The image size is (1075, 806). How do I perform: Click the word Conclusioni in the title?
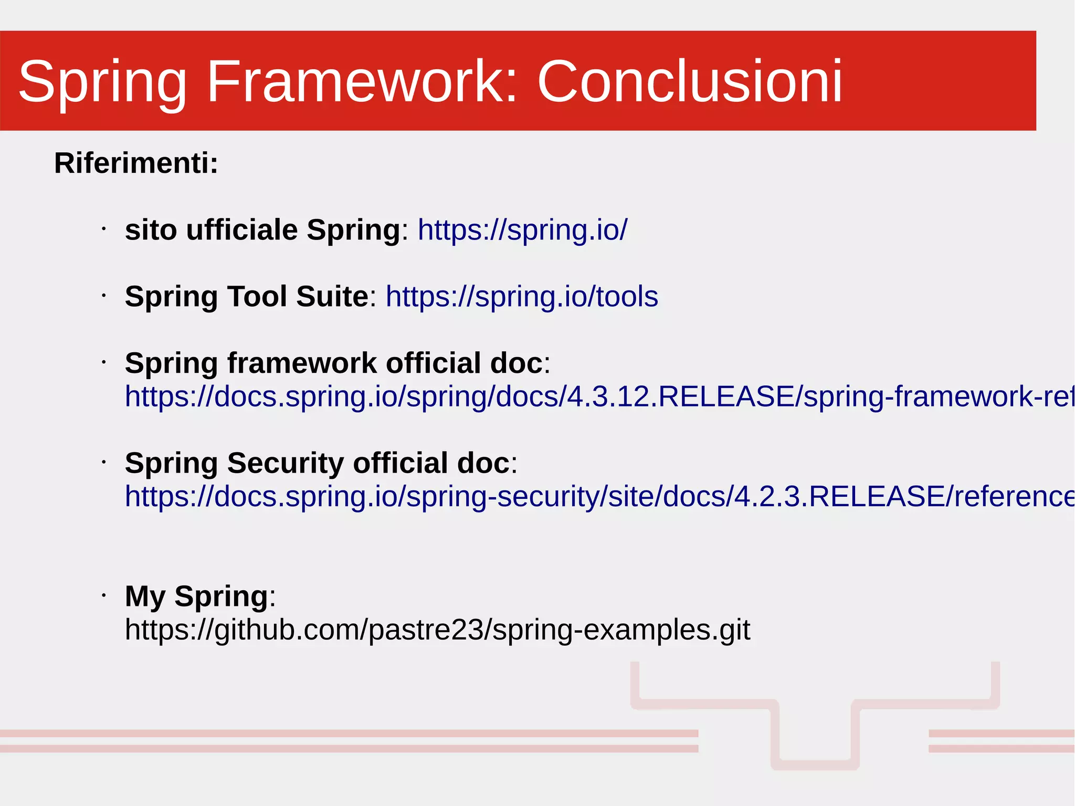tap(689, 81)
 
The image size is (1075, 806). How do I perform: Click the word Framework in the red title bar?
tap(362, 81)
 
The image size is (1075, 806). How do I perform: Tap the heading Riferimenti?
tap(136, 163)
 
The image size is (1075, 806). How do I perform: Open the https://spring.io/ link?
tap(522, 230)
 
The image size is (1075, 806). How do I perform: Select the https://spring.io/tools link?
tap(522, 296)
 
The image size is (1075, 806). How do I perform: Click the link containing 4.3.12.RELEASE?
tap(598, 396)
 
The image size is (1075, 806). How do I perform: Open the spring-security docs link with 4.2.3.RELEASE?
tap(598, 496)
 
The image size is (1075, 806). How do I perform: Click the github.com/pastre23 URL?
tap(437, 630)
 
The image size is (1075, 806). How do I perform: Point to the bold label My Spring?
tap(196, 596)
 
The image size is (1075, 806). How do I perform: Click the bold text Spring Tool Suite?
tap(247, 296)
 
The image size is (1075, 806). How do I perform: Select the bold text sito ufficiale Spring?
tap(262, 230)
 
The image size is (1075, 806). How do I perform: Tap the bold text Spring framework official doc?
tap(333, 363)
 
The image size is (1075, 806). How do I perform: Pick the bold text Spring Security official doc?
tap(317, 463)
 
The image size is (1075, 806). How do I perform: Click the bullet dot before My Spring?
tap(104, 595)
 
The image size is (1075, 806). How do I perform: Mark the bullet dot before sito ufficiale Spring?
tap(104, 229)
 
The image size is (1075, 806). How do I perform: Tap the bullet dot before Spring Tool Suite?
tap(104, 296)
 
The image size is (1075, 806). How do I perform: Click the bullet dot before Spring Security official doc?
tap(104, 462)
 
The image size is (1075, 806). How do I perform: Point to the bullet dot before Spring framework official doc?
tap(104, 362)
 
